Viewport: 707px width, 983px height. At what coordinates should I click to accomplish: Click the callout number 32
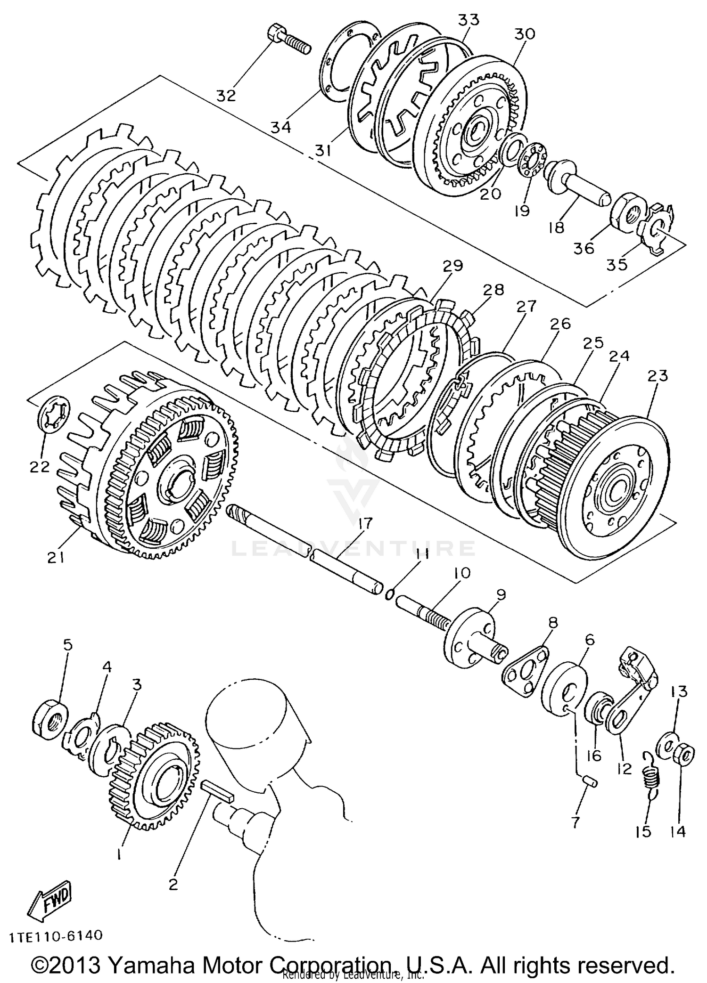[x=226, y=96]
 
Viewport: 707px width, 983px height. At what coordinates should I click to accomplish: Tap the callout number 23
[x=657, y=376]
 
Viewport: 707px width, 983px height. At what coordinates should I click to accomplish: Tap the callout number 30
[x=525, y=34]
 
